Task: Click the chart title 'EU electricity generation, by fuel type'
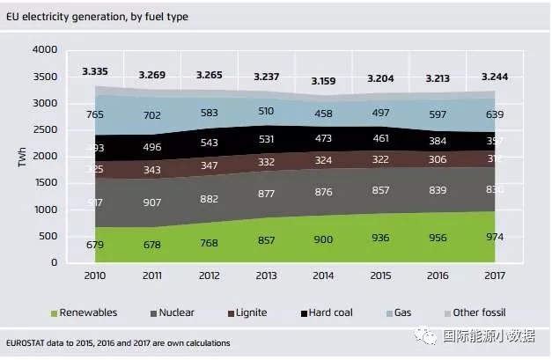[x=96, y=16]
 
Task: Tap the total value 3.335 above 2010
[x=96, y=70]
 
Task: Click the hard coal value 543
[x=209, y=142]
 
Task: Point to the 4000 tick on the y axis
[x=43, y=50]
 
